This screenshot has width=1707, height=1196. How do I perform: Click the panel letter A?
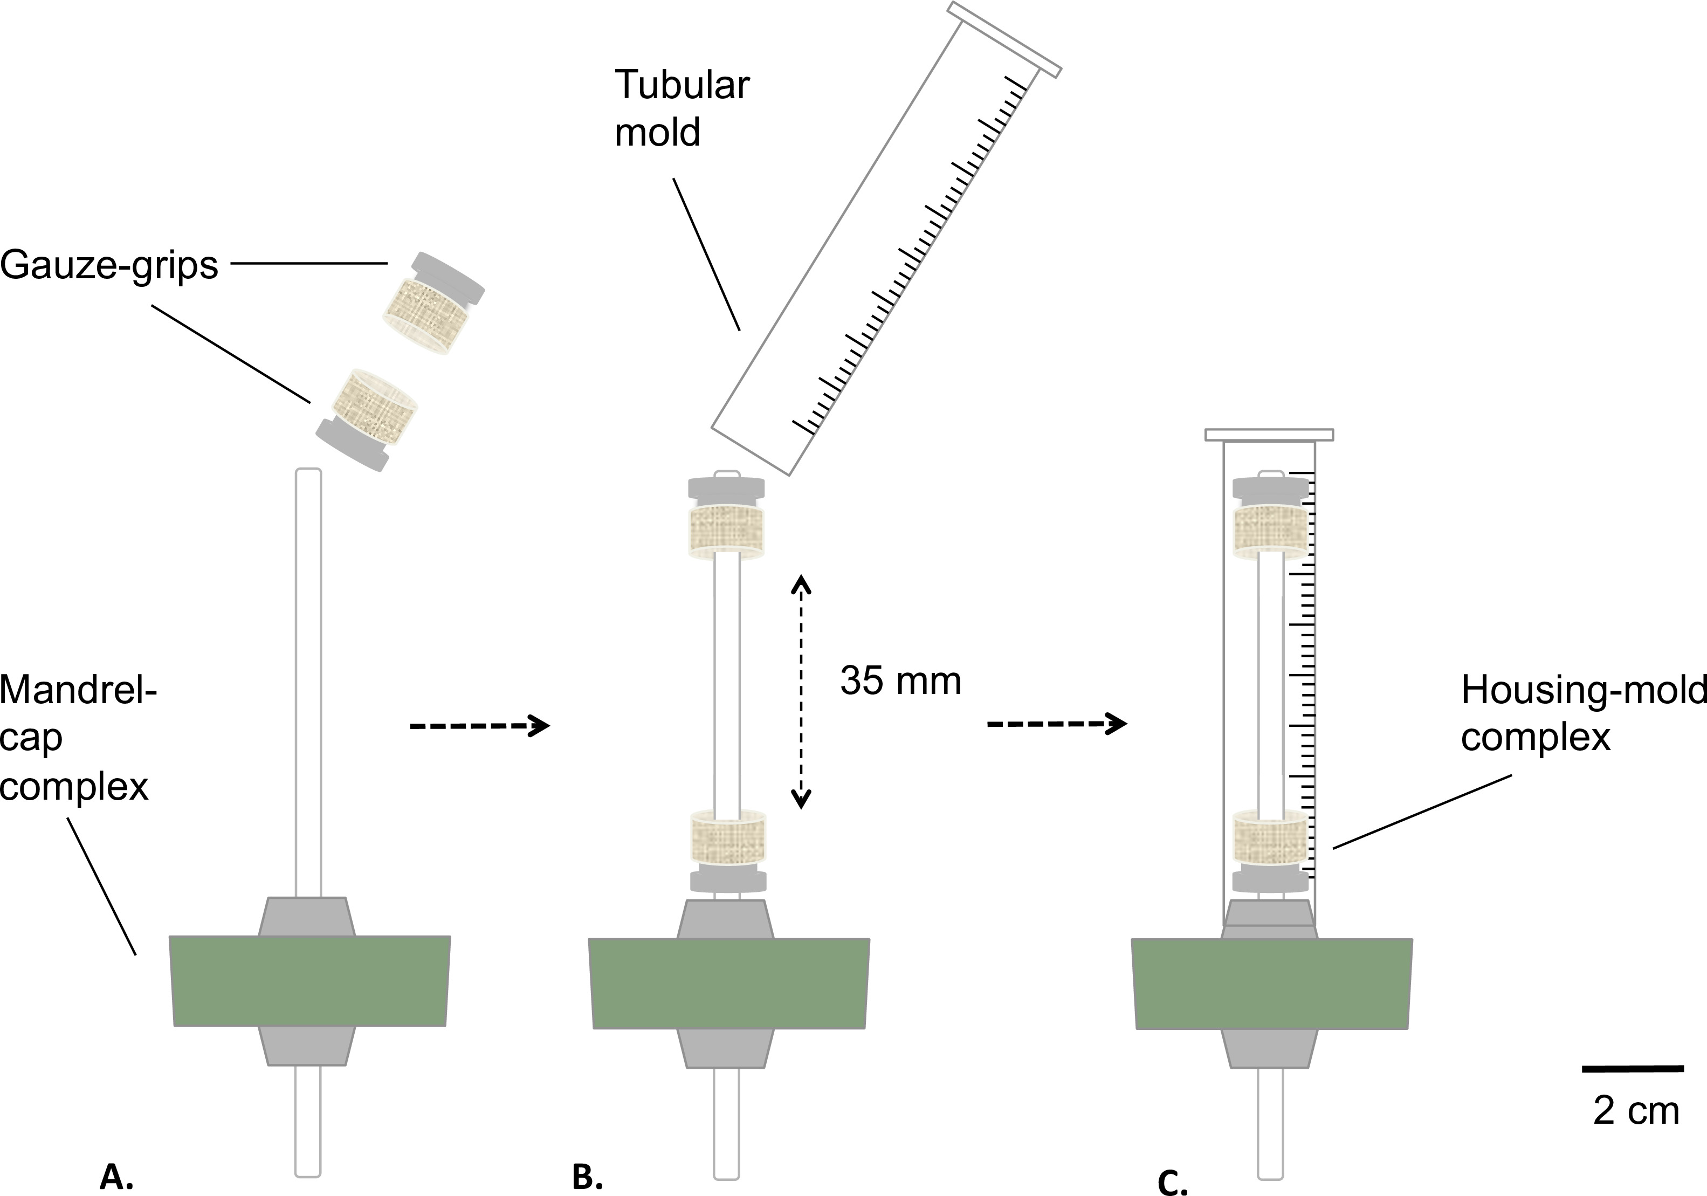pyautogui.click(x=116, y=1177)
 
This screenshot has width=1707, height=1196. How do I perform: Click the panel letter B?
pyautogui.click(x=587, y=1177)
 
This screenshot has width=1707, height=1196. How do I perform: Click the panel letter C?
pyautogui.click(x=1173, y=1183)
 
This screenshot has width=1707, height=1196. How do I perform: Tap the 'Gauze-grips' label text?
pyautogui.click(x=109, y=265)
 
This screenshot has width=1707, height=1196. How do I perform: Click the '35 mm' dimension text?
pyautogui.click(x=900, y=681)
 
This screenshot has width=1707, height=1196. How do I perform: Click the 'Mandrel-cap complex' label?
pyautogui.click(x=78, y=738)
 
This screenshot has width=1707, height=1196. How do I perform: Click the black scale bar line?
pyautogui.click(x=1633, y=1069)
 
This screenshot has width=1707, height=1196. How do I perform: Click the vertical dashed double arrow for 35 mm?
pyautogui.click(x=801, y=691)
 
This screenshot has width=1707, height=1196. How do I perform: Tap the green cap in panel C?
pyautogui.click(x=1271, y=984)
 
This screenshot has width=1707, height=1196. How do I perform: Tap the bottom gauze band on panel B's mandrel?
pyautogui.click(x=728, y=839)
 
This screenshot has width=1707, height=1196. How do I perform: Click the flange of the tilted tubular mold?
pyautogui.click(x=1004, y=39)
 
